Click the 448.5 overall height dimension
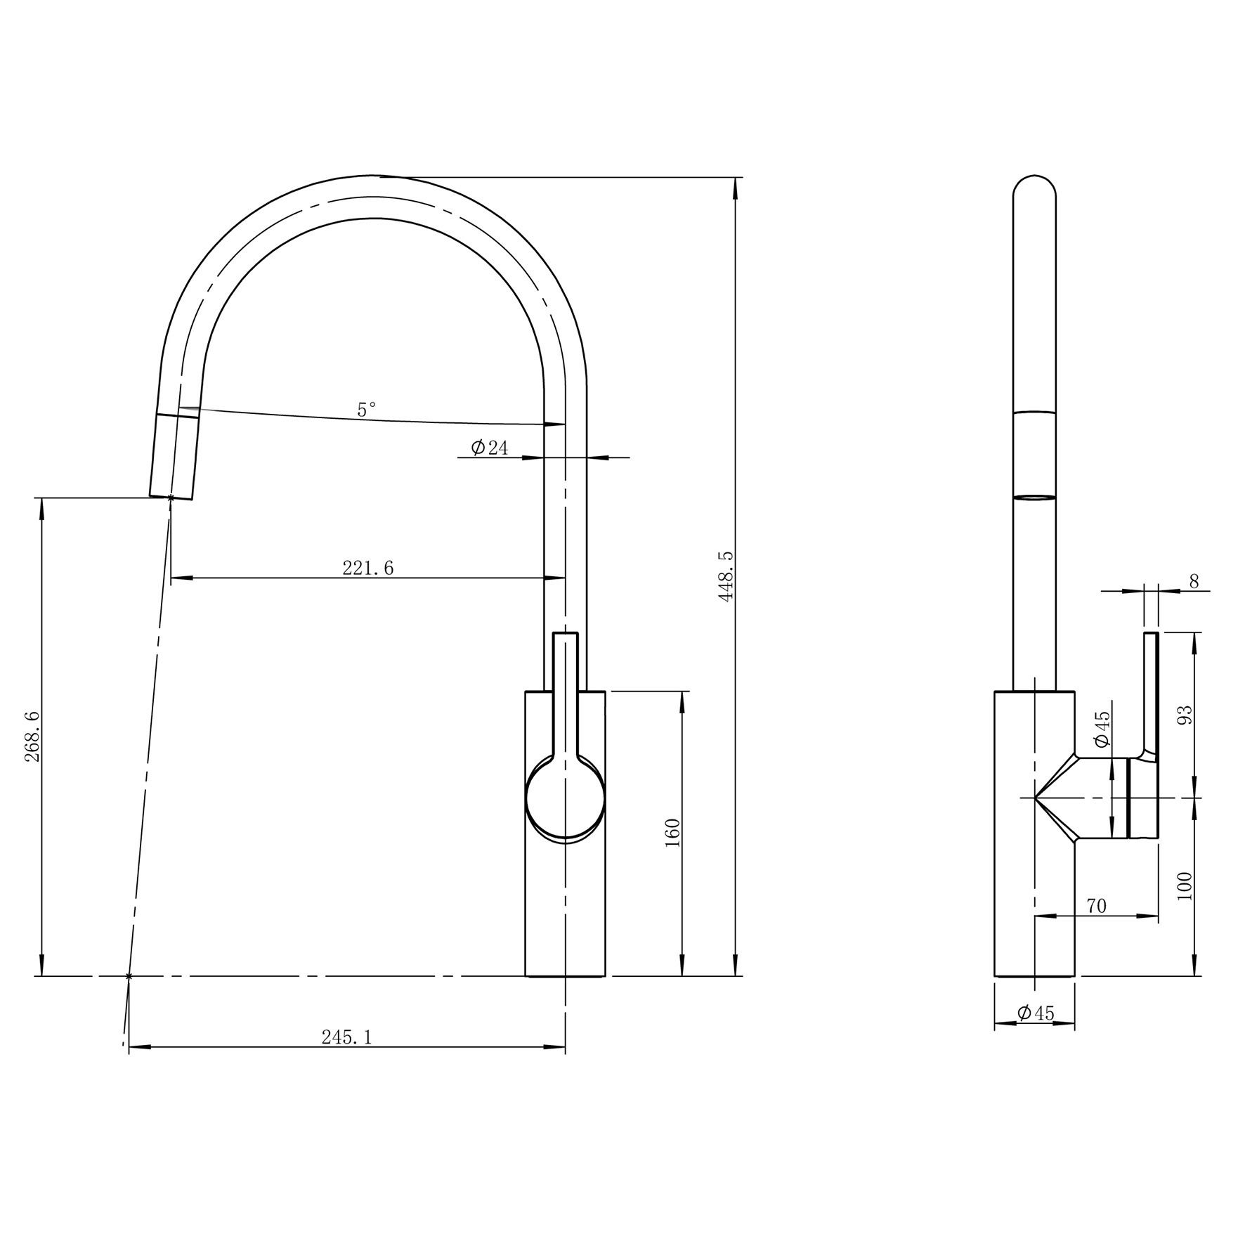(726, 576)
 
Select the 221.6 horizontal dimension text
(368, 568)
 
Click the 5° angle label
(366, 410)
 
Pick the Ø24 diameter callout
(490, 448)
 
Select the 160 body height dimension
(672, 833)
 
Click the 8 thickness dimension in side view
(1194, 581)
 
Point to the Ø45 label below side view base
(1036, 1013)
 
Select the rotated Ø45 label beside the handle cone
(1102, 729)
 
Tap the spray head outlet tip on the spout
(171, 492)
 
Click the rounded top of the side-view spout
(1034, 184)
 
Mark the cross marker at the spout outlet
(171, 498)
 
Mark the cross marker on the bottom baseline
(128, 976)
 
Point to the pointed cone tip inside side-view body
(1037, 798)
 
